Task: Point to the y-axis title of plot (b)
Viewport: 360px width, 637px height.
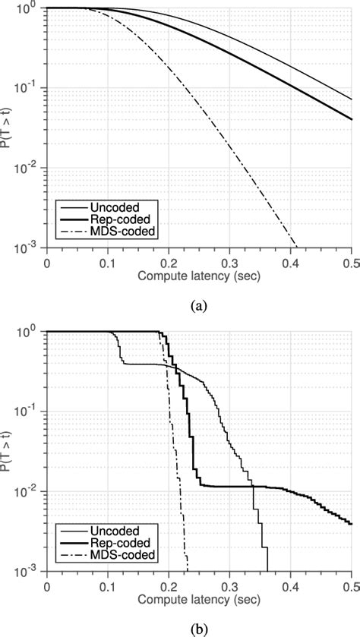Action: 8,450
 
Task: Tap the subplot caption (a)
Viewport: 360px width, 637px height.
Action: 200,305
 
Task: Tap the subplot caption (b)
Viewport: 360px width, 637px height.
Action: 200,628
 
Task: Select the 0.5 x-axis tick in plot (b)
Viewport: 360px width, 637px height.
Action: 351,585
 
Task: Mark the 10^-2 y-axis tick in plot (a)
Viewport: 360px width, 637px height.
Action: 31,168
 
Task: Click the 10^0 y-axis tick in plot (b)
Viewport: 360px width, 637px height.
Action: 33,332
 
